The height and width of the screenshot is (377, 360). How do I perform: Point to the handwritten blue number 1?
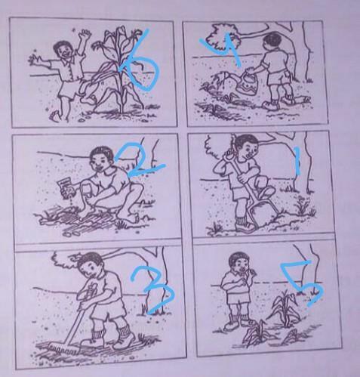[x=297, y=161]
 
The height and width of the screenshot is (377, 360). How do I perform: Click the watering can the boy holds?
[x=248, y=81]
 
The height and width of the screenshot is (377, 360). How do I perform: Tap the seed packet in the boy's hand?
[x=66, y=187]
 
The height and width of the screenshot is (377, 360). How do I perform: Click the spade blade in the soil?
[x=262, y=212]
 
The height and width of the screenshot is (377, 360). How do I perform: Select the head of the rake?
[x=65, y=349]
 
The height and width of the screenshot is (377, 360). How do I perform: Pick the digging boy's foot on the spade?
[x=266, y=192]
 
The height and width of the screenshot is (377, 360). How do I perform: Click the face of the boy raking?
[x=90, y=269]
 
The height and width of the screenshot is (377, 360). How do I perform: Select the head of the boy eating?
[x=239, y=262]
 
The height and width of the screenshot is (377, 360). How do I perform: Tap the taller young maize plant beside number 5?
[x=285, y=308]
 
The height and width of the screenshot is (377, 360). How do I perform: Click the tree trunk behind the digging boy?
[x=304, y=164]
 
